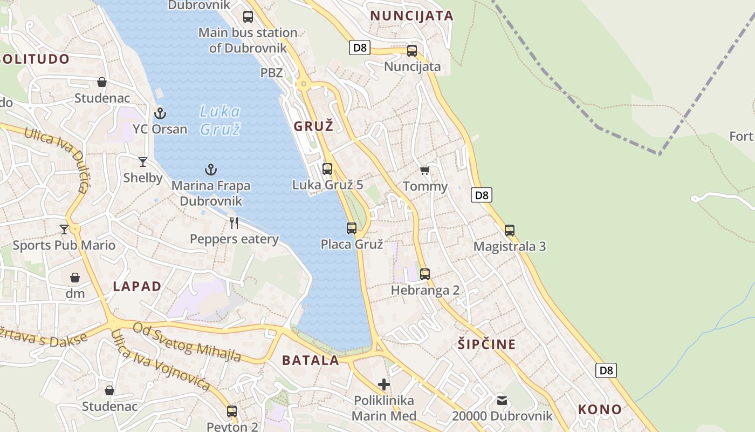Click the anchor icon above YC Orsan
pyautogui.click(x=160, y=113)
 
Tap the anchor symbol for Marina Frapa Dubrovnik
pyautogui.click(x=211, y=170)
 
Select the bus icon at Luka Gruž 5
pyautogui.click(x=327, y=168)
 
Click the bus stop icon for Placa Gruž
pyautogui.click(x=352, y=228)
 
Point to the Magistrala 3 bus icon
pyautogui.click(x=510, y=231)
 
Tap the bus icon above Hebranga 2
pyautogui.click(x=425, y=274)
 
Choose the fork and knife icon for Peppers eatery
pyautogui.click(x=234, y=223)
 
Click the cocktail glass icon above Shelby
pyautogui.click(x=143, y=161)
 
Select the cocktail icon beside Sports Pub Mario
pyautogui.click(x=64, y=230)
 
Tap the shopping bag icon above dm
pyautogui.click(x=75, y=278)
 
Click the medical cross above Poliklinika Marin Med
pyautogui.click(x=384, y=384)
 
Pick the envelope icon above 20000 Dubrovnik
pyautogui.click(x=502, y=400)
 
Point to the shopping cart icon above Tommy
pyautogui.click(x=425, y=171)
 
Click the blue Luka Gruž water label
pyautogui.click(x=219, y=120)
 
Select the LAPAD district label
pyautogui.click(x=137, y=287)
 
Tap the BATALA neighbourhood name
pyautogui.click(x=311, y=360)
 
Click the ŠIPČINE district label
pyautogui.click(x=487, y=344)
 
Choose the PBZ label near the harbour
pyautogui.click(x=272, y=72)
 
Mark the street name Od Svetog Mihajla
pyautogui.click(x=187, y=342)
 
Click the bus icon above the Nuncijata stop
pyautogui.click(x=412, y=51)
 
